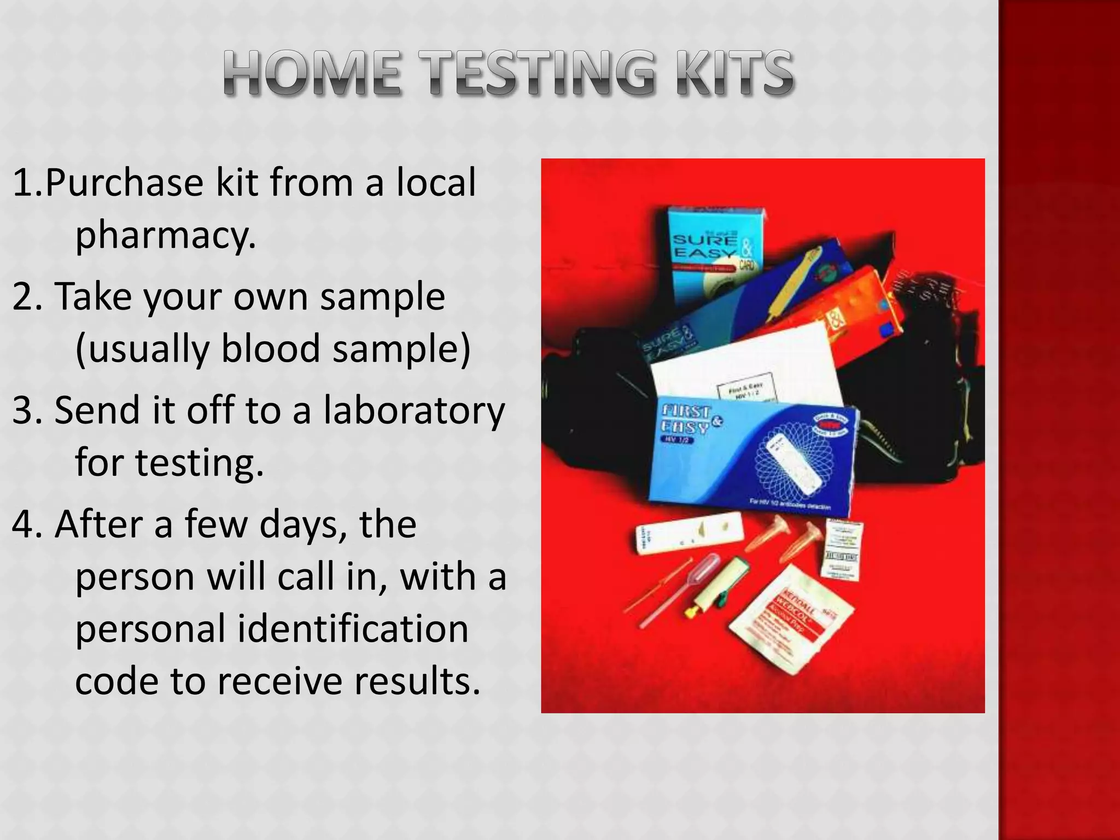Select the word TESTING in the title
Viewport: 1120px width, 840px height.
(539, 74)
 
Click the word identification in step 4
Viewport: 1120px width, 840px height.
(352, 629)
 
